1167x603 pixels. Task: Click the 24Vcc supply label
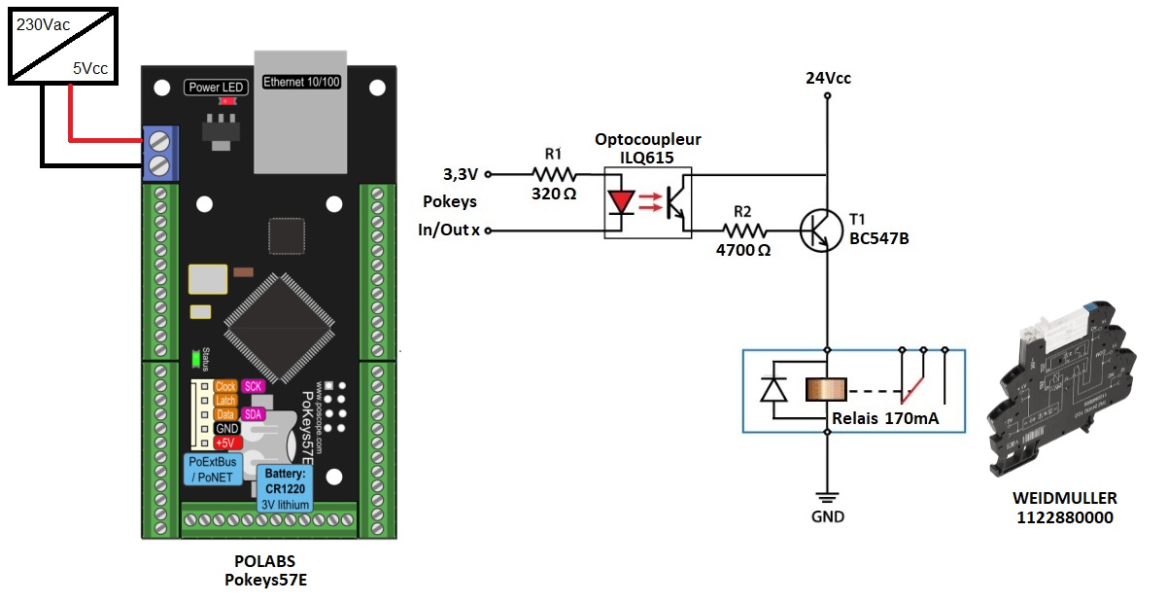pos(828,79)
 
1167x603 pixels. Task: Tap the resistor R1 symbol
pos(554,175)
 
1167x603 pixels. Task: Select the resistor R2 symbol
pos(743,231)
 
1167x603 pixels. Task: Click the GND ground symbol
pos(828,495)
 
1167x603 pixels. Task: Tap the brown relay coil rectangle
pos(827,390)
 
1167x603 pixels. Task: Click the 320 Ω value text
pos(554,194)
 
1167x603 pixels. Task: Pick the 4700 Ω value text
pos(743,250)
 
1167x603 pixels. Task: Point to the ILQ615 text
pos(648,156)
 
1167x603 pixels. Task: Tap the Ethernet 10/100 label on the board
pos(302,82)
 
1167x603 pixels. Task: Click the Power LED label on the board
pos(216,88)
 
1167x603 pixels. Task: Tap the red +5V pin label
pos(226,443)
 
